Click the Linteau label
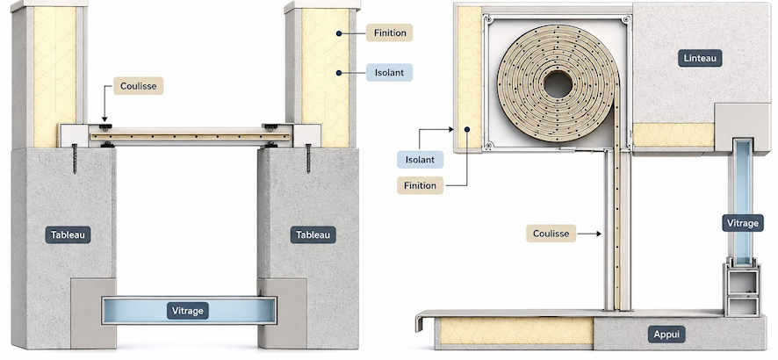pyautogui.click(x=700, y=58)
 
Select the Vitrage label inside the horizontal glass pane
pyautogui.click(x=188, y=311)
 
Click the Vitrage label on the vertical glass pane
pyautogui.click(x=742, y=223)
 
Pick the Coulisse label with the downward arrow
pyautogui.click(x=139, y=86)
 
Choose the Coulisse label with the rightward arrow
pyautogui.click(x=551, y=233)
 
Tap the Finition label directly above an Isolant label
pyautogui.click(x=390, y=32)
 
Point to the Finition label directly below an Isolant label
pyautogui.click(x=420, y=185)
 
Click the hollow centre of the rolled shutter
pyautogui.click(x=558, y=85)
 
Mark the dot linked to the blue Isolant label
pyautogui.click(x=338, y=72)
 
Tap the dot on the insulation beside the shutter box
pyautogui.click(x=467, y=129)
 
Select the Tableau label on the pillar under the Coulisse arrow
pyautogui.click(x=68, y=234)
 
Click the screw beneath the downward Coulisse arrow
pyautogui.click(x=75, y=159)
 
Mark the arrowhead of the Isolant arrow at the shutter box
pyautogui.click(x=451, y=129)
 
